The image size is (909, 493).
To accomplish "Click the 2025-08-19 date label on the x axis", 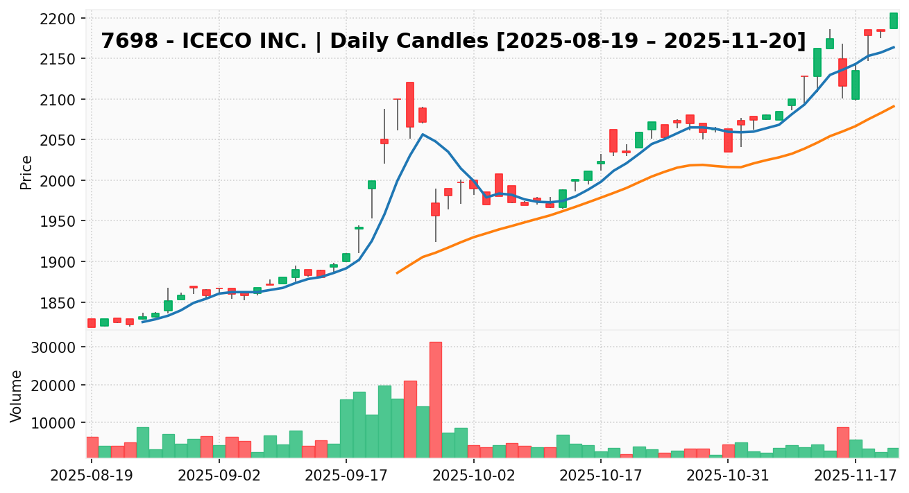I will [x=92, y=477].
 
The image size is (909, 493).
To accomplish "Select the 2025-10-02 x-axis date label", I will [x=473, y=477].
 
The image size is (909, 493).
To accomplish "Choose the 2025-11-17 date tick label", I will [x=855, y=477].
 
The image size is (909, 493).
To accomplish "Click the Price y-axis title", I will [x=26, y=172].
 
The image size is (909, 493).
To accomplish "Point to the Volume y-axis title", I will [x=17, y=395].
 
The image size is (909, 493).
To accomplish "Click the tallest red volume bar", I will [x=435, y=399].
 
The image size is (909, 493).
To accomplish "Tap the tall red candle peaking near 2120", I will [x=410, y=104].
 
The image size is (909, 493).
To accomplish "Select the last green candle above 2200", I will [x=894, y=21].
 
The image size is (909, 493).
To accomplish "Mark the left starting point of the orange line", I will [x=397, y=273].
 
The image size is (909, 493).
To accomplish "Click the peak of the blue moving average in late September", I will [x=423, y=134].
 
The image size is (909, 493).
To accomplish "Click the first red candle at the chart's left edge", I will [x=92, y=322].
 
